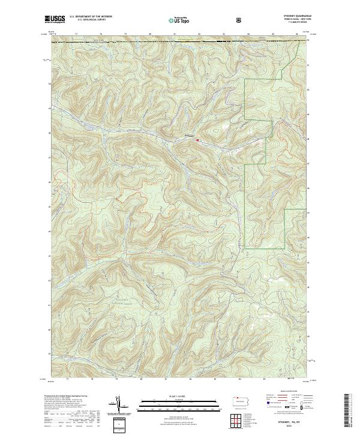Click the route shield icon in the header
(x=239, y=20)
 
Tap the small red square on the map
(x=198, y=142)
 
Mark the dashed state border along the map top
(x=180, y=42)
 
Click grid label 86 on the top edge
(x=297, y=34)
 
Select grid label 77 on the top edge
(x=76, y=34)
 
